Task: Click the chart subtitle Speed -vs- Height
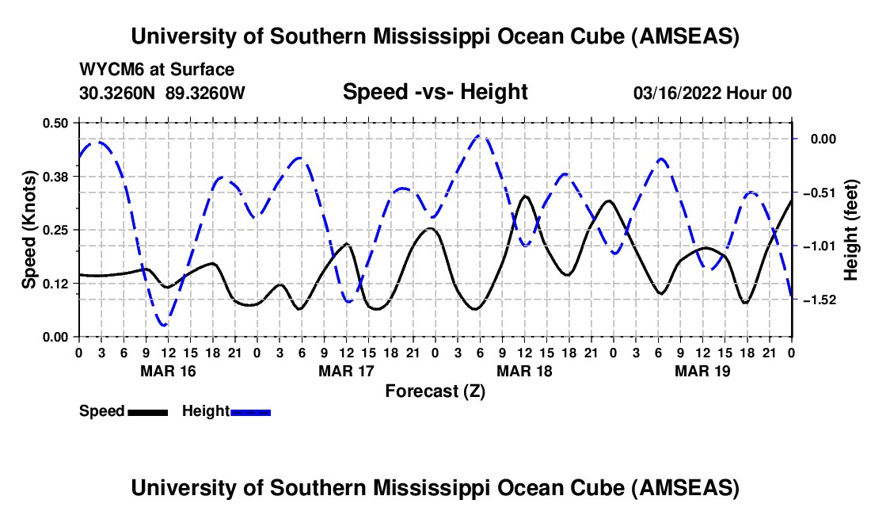[x=435, y=92]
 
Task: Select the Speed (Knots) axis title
[x=29, y=230]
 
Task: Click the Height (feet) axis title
[x=851, y=230]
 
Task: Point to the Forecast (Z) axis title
[x=435, y=391]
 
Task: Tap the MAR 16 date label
[x=168, y=371]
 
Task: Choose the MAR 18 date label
[x=524, y=371]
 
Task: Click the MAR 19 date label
[x=702, y=371]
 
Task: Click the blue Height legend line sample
[x=251, y=412]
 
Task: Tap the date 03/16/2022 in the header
[x=676, y=93]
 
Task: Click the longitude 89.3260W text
[x=206, y=93]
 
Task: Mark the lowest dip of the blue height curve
[x=164, y=325]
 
